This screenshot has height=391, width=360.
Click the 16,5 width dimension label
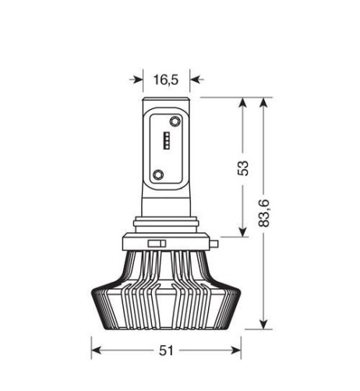point(166,79)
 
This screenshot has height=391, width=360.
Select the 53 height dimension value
point(244,168)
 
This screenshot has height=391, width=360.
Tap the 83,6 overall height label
point(265,213)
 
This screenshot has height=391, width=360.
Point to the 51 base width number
point(165,350)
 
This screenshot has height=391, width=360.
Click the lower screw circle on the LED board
point(159,174)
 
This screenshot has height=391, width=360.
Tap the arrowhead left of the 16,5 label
point(138,79)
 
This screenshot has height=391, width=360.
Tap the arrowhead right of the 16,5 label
point(196,79)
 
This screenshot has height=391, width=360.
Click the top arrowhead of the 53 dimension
point(244,104)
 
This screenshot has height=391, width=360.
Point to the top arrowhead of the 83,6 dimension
point(266,104)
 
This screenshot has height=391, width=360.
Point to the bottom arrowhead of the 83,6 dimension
point(266,325)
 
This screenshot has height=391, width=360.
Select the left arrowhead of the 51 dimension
point(97,350)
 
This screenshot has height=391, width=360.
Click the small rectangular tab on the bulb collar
point(157,245)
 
